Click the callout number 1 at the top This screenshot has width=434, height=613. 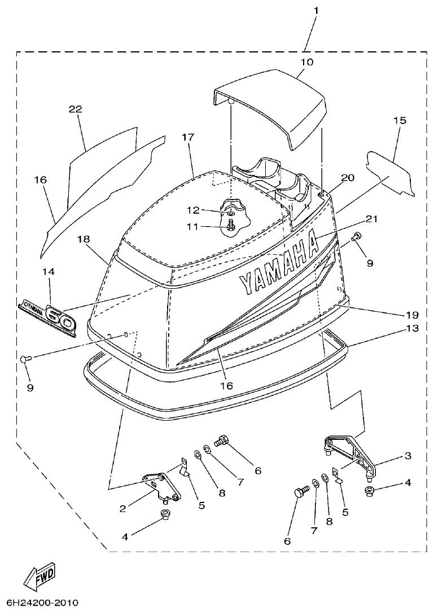point(315,10)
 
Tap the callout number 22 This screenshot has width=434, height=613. point(76,109)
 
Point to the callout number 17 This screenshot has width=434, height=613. point(188,137)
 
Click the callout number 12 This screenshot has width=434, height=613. point(193,210)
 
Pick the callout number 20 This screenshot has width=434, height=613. point(347,178)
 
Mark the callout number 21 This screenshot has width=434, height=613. point(354,219)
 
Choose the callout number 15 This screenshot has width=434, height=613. point(399,121)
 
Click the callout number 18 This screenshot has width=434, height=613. point(84,239)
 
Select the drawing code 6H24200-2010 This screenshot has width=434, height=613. point(40,602)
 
